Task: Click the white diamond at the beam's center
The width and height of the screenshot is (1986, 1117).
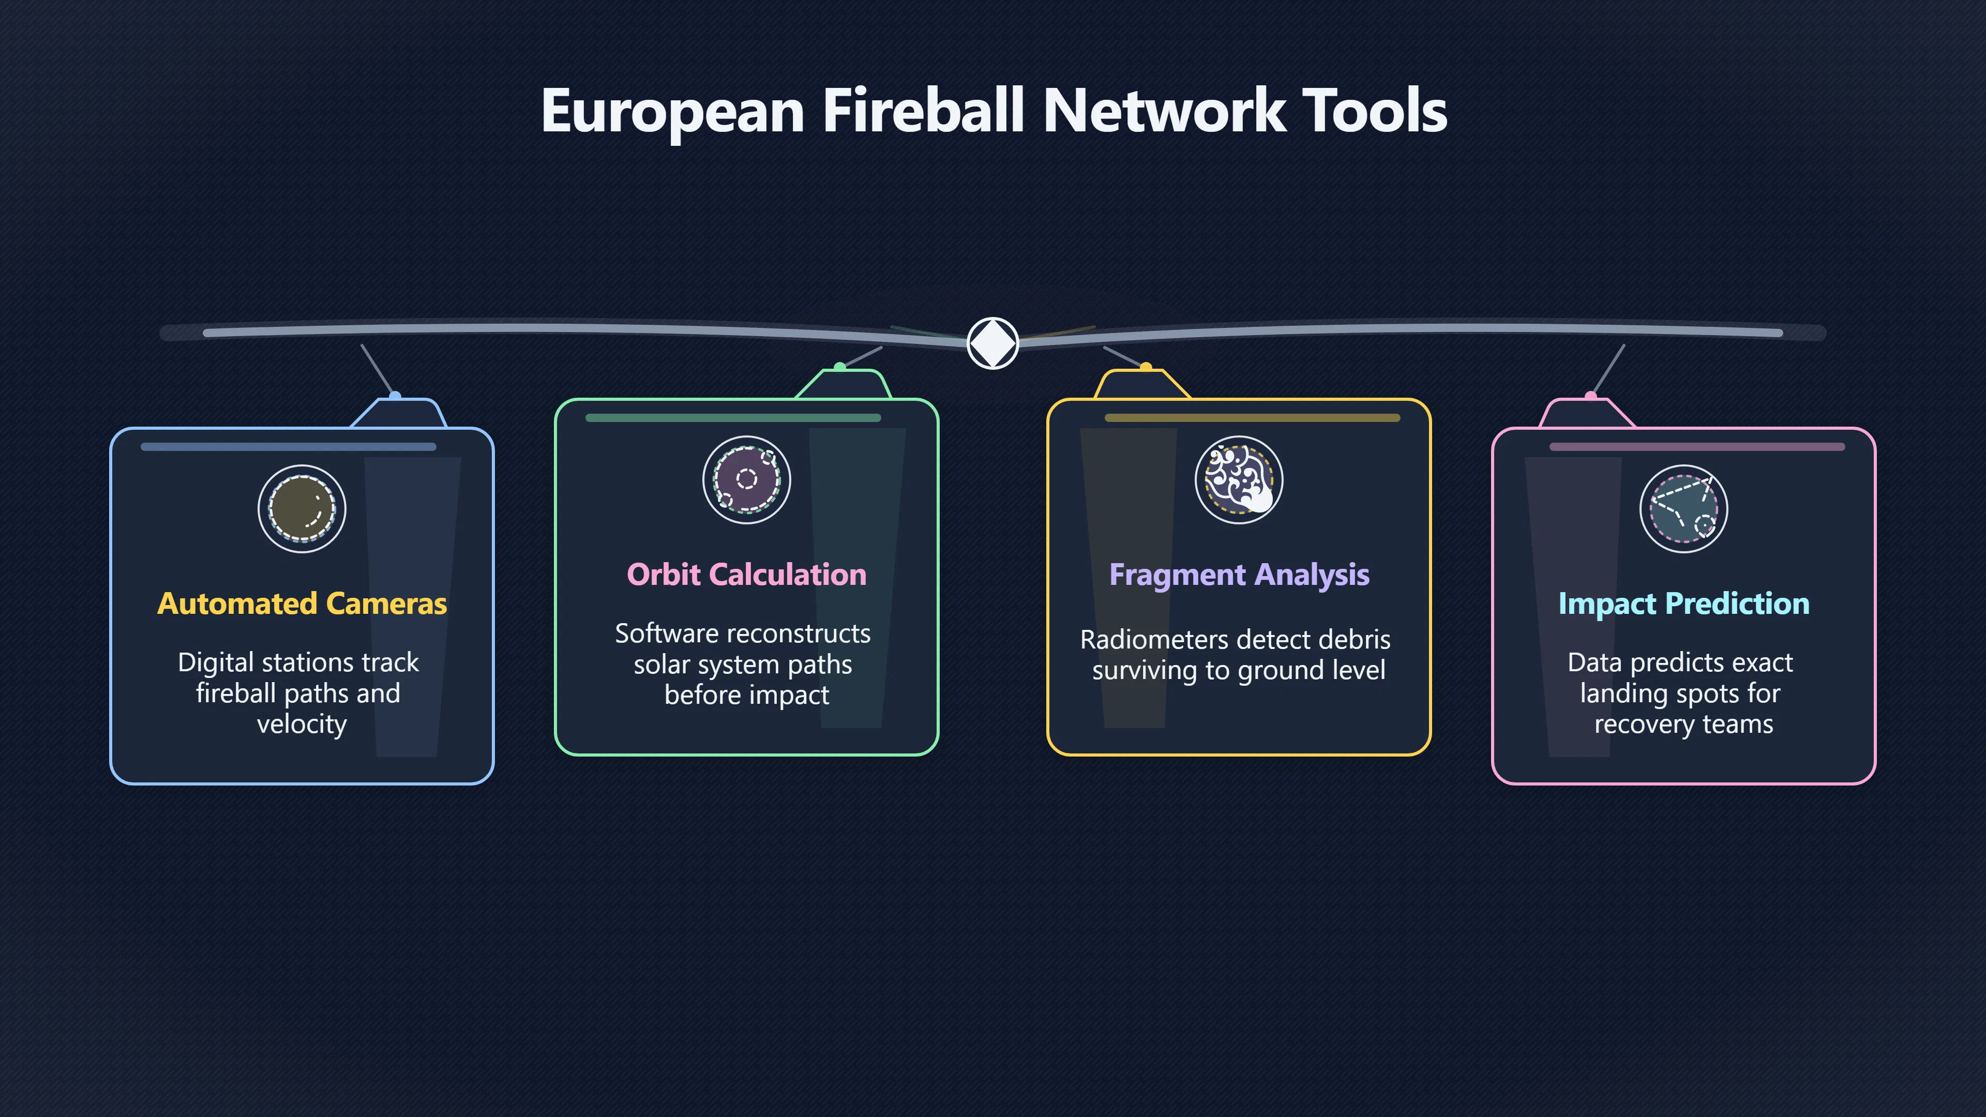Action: click(x=993, y=343)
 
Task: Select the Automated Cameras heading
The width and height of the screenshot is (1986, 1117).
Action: click(x=302, y=603)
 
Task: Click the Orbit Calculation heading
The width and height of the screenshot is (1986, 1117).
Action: click(x=747, y=575)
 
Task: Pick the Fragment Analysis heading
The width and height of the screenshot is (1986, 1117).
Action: click(x=1240, y=575)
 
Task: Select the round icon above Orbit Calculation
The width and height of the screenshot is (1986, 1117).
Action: click(x=747, y=479)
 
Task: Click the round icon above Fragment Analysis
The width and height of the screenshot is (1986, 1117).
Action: click(x=1239, y=479)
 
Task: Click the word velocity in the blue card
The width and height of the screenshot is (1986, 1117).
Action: click(x=302, y=724)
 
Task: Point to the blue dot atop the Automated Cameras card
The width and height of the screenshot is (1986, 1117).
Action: click(x=395, y=396)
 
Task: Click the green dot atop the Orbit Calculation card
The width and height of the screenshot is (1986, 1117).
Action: click(x=839, y=368)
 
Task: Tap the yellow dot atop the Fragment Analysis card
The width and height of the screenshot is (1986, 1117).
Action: click(x=1146, y=368)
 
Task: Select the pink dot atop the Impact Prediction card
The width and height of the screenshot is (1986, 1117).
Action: click(x=1590, y=396)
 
